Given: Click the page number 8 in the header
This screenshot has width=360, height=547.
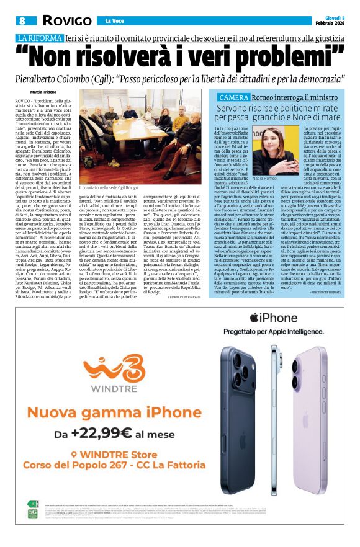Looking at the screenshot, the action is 22,20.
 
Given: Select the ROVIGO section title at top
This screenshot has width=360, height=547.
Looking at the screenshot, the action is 66,20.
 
